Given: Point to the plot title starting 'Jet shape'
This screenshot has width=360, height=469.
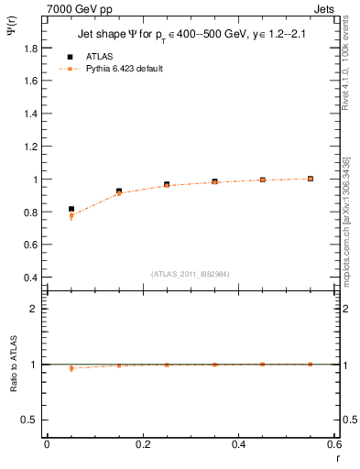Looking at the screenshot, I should click(191, 35).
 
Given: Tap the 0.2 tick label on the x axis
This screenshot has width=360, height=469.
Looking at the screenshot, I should click(142, 444).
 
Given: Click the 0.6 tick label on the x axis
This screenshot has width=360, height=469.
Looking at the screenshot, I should click(334, 444).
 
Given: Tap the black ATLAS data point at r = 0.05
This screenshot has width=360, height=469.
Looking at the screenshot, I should click(71, 210).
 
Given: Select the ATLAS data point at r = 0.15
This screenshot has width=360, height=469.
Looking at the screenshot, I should click(119, 191).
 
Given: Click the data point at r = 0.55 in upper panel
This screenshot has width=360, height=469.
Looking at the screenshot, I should click(311, 179).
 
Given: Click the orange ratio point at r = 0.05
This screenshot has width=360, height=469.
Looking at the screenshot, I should click(71, 368).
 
